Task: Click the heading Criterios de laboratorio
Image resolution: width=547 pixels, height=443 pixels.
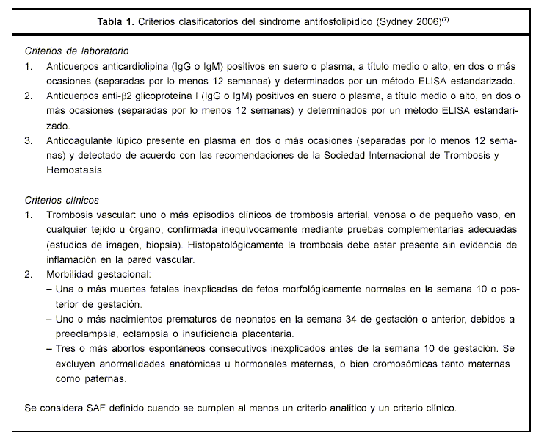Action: [x=76, y=51]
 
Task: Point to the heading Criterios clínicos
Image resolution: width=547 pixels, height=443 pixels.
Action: [x=62, y=200]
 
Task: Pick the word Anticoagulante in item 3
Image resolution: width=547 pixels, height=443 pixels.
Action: [x=81, y=140]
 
